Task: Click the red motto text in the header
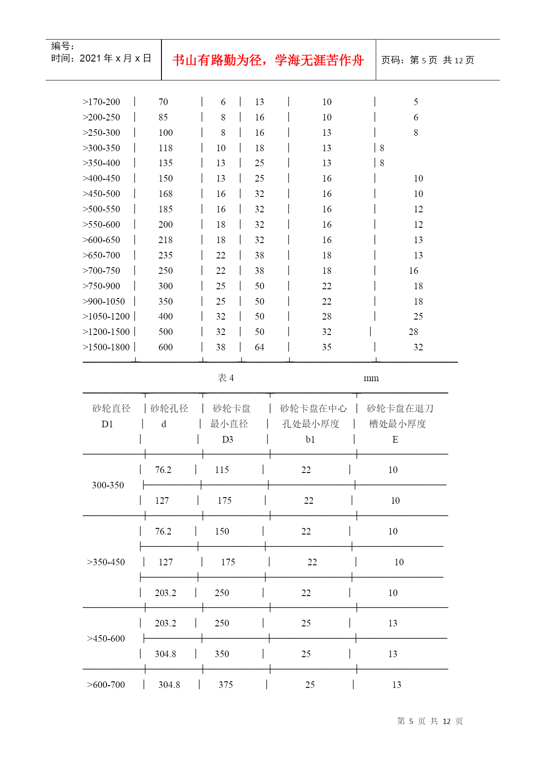[268, 60]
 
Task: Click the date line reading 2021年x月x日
[101, 58]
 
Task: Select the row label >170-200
[101, 102]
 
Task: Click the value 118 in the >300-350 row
[165, 148]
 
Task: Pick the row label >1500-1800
[106, 347]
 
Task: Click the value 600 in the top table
[165, 347]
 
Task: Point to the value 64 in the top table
[260, 347]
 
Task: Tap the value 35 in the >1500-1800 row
[326, 347]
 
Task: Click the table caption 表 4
[226, 378]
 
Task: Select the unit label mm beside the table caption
[371, 378]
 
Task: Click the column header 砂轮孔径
[169, 409]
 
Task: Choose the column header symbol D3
[227, 440]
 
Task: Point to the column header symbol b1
[310, 440]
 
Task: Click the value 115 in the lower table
[222, 470]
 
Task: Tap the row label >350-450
[106, 562]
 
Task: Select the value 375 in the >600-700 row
[226, 685]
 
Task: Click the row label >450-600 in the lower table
[106, 639]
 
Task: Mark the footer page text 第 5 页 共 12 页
[430, 721]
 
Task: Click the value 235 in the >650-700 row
[165, 255]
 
